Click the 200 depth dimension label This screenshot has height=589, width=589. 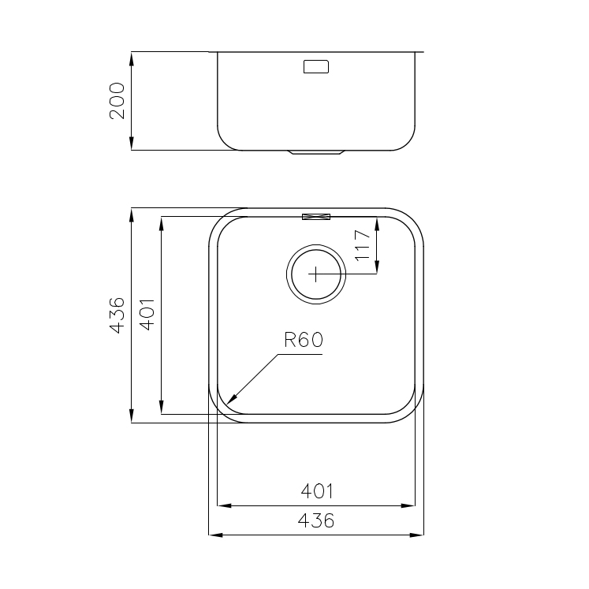[x=117, y=101]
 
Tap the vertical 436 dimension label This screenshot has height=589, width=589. [x=117, y=315]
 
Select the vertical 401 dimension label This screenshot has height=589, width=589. [x=147, y=315]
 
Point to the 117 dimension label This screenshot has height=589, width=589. [x=363, y=245]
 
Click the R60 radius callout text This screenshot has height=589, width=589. [x=304, y=340]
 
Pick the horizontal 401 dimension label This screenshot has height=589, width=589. [x=317, y=491]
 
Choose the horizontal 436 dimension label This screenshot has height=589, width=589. [x=316, y=520]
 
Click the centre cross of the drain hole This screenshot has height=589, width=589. [x=315, y=274]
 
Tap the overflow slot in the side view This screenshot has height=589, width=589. [x=316, y=66]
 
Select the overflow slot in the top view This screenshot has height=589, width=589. [x=316, y=216]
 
